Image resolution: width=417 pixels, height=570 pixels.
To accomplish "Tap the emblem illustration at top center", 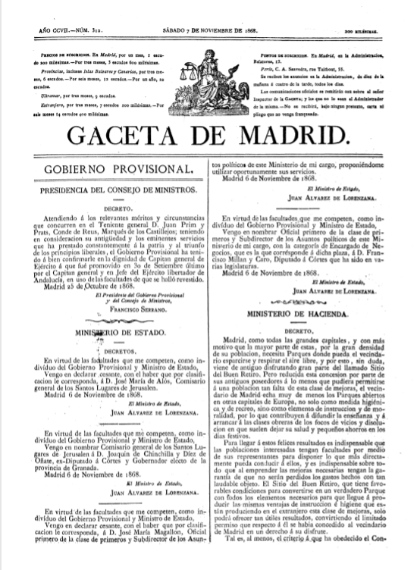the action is [209, 72].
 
